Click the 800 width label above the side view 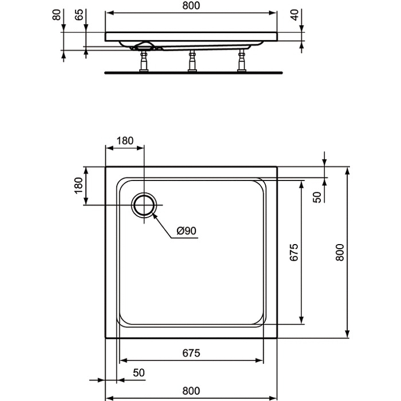click(191, 6)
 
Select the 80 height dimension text click(57, 15)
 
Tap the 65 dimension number click(79, 15)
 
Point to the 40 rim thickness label click(295, 15)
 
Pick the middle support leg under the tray click(192, 61)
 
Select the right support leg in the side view click(242, 61)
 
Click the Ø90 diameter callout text click(186, 231)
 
